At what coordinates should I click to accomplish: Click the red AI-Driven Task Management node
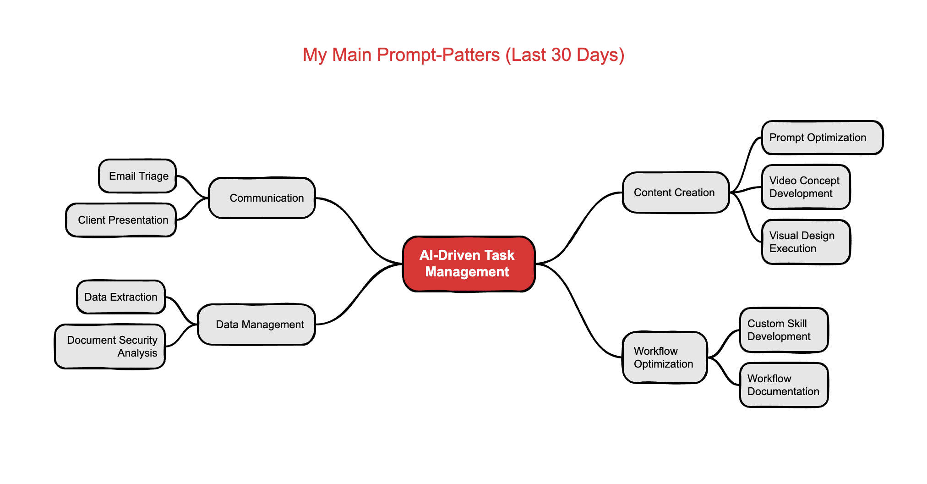point(469,264)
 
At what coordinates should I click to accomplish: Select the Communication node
point(262,198)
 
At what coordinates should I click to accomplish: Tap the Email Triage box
point(137,176)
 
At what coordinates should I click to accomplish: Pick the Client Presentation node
point(121,220)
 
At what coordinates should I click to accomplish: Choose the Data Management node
point(256,324)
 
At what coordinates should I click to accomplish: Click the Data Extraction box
point(121,297)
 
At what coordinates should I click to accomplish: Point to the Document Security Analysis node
point(110,346)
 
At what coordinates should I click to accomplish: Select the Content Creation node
point(676,192)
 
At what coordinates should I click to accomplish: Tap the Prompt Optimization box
point(822,137)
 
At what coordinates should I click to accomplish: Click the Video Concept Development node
point(806,187)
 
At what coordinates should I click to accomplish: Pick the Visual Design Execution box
point(806,242)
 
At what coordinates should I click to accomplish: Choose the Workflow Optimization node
point(665,357)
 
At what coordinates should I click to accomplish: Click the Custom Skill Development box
point(784,330)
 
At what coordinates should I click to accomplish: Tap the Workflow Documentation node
point(784,385)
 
